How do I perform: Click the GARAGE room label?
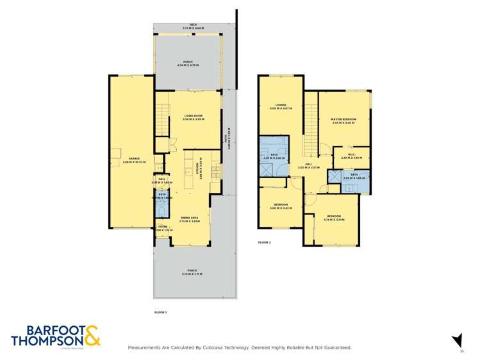click(x=134, y=159)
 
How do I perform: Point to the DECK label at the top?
click(x=193, y=26)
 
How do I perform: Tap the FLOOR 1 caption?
click(x=161, y=312)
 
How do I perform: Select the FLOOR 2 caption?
click(x=265, y=243)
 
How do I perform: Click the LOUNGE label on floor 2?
click(x=280, y=106)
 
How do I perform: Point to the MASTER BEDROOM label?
click(x=344, y=120)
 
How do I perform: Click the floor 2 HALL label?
click(x=308, y=165)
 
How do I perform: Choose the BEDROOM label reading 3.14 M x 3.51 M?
click(x=335, y=218)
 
